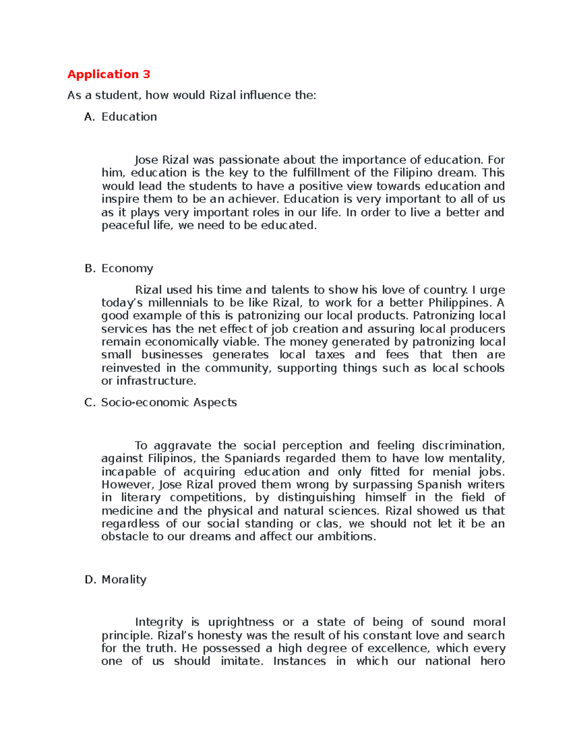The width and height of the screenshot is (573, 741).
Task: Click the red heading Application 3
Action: [108, 74]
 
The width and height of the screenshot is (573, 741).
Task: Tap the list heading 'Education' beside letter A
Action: [129, 117]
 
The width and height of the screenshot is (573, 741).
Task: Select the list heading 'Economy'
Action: [127, 269]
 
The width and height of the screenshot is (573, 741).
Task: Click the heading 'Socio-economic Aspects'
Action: [169, 403]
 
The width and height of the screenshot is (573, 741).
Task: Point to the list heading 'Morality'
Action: [124, 580]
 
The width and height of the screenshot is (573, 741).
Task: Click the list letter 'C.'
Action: [90, 403]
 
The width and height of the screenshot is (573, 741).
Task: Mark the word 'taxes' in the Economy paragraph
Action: [329, 355]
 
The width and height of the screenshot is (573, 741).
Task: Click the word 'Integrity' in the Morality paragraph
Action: [159, 622]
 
